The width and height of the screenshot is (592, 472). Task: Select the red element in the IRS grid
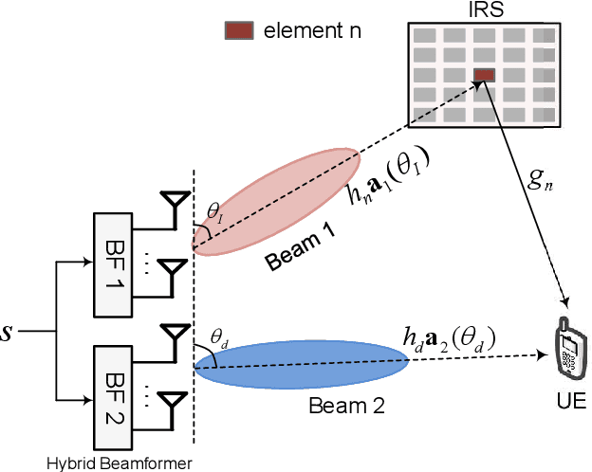484,75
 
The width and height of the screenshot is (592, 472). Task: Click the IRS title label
484,10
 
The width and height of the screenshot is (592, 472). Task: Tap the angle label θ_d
219,336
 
